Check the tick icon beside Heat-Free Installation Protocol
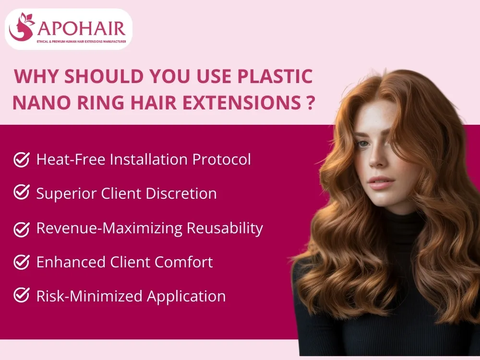coord(21,159)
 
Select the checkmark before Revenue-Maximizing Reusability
coord(21,228)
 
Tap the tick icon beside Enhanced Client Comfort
coord(21,262)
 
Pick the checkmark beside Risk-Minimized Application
coord(21,296)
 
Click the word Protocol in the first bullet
coord(222,159)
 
